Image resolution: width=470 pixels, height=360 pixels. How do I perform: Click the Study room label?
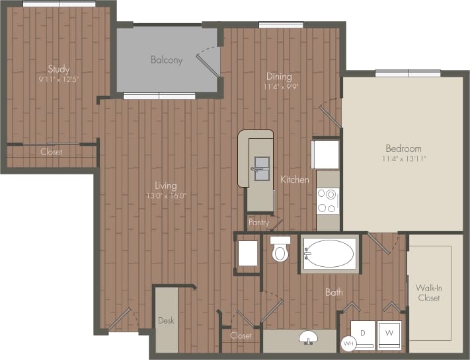[x=58, y=69]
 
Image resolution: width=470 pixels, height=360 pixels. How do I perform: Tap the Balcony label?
[x=167, y=60]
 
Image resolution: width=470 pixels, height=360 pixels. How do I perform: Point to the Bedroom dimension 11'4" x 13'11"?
[x=404, y=159]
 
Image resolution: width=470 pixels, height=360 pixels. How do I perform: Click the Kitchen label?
[x=294, y=180]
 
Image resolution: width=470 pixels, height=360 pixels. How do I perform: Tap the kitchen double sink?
[x=262, y=168]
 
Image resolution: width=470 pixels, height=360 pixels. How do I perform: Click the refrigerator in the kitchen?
[x=326, y=154]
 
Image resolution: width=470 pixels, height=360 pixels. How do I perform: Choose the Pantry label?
[x=258, y=223]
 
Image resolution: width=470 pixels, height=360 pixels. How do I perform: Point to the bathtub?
[x=330, y=253]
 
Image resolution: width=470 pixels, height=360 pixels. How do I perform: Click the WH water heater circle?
[x=348, y=343]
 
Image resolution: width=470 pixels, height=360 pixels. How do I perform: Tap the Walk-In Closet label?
[x=428, y=293]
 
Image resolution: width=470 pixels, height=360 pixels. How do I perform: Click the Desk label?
[x=166, y=321]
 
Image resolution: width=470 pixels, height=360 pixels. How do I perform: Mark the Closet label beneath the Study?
[x=51, y=152]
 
